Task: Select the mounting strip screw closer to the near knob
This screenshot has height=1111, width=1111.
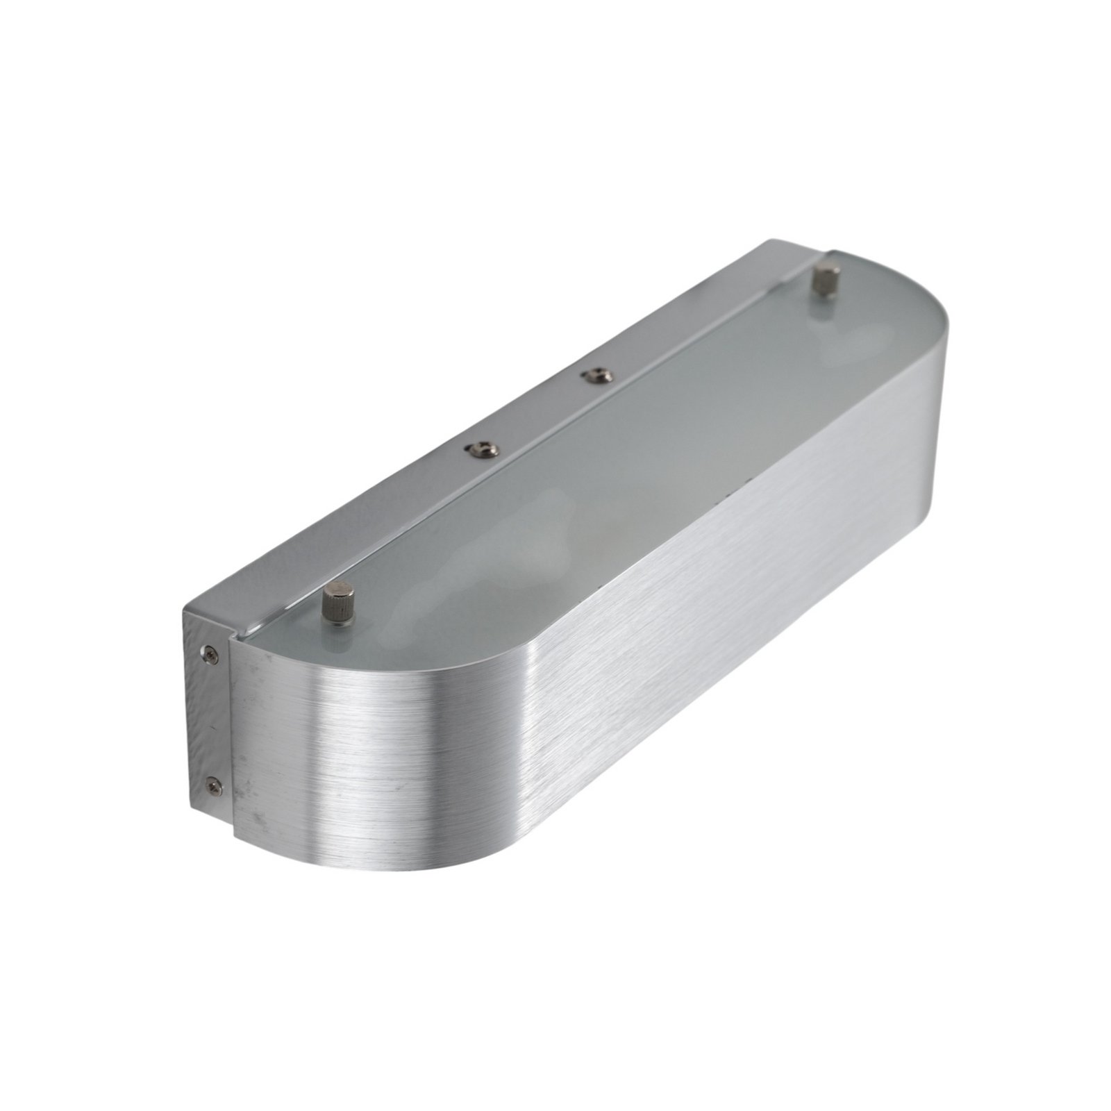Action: (480, 451)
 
